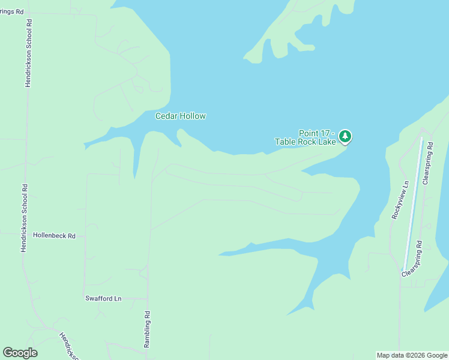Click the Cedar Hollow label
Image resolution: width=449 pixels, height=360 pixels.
click(x=181, y=116)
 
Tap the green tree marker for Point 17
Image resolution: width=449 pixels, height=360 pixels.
click(x=345, y=136)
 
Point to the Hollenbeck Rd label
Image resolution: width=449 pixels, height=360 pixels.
click(x=54, y=236)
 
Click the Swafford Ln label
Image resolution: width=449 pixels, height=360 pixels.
click(x=103, y=298)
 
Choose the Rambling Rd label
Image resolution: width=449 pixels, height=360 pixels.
click(x=146, y=329)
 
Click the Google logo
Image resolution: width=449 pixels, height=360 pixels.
click(x=20, y=353)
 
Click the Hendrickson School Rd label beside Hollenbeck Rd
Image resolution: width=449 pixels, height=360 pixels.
click(x=24, y=217)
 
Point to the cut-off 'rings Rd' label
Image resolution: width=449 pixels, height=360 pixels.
click(x=11, y=11)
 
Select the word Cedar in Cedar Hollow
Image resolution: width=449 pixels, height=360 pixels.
click(x=166, y=116)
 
